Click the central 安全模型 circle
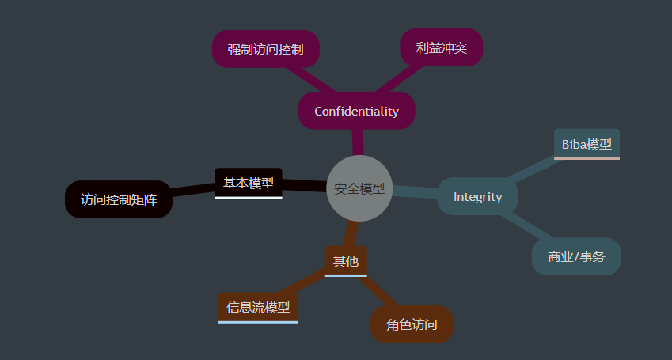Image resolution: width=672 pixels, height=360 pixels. (359, 188)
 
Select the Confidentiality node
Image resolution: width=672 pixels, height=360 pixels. (356, 111)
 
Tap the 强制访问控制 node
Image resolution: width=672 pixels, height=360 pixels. (265, 49)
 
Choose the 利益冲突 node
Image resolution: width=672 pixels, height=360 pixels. (441, 47)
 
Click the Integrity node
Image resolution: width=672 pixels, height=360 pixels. (477, 196)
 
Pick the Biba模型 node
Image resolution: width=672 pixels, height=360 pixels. (587, 144)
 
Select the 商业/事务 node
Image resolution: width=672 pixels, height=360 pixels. (576, 256)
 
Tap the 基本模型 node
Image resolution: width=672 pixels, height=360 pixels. (249, 183)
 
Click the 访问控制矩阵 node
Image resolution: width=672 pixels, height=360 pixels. (118, 199)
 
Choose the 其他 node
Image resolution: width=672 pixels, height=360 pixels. (345, 260)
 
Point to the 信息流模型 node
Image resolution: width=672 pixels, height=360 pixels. (258, 307)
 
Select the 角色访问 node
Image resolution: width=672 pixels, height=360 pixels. (412, 324)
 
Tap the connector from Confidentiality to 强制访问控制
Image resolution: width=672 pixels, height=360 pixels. (312, 79)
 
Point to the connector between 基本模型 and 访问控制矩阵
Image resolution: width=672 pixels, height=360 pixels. (192, 190)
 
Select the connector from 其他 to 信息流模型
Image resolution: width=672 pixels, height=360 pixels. (302, 283)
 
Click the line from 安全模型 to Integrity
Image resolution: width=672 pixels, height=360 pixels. (415, 191)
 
